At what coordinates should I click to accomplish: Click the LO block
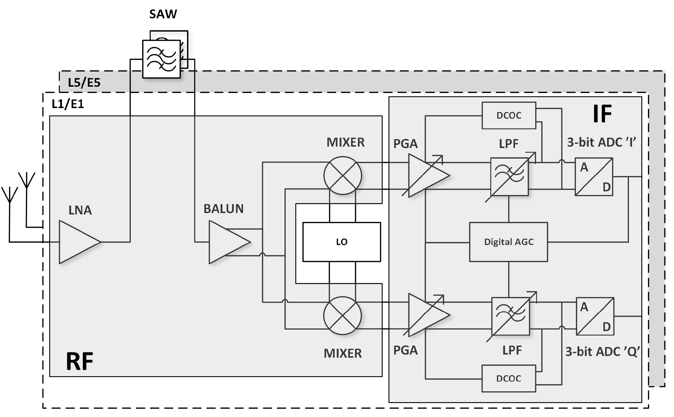pos(341,242)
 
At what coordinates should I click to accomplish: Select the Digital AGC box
pos(508,242)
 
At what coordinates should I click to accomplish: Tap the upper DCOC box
pos(509,115)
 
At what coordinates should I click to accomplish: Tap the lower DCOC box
pos(509,378)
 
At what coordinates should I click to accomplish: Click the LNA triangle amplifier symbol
pos(77,242)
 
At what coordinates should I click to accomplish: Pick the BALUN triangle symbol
pos(227,242)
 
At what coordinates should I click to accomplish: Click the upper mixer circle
pos(343,175)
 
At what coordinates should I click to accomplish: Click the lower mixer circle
pos(343,315)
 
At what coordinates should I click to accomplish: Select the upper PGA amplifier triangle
pos(425,175)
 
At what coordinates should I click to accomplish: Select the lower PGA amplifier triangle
pos(425,315)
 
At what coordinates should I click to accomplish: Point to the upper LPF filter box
pos(509,177)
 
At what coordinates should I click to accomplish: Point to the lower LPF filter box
pos(510,316)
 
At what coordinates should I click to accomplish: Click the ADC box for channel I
pos(594,177)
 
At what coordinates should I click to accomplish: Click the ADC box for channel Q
pos(595,316)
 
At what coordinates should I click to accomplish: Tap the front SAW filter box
pos(161,59)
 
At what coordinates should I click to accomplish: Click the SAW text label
pos(163,14)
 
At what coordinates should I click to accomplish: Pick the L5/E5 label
pos(84,83)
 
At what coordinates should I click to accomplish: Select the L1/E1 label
pos(68,104)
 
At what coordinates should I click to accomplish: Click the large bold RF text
pos(80,361)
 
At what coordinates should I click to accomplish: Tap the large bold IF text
pos(602,114)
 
